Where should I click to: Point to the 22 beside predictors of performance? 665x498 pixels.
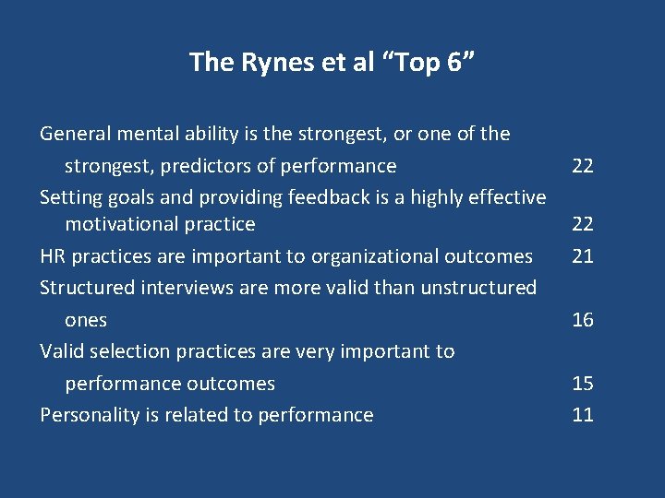(582, 166)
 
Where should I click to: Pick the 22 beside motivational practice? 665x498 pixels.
(582, 224)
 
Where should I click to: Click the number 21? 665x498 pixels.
(582, 255)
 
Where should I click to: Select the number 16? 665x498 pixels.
(582, 320)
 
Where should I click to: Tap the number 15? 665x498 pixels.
(582, 383)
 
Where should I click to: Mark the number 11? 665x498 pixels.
(582, 415)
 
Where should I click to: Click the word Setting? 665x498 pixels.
(69, 197)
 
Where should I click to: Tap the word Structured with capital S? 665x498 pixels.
(88, 287)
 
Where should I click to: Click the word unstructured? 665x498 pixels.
(478, 287)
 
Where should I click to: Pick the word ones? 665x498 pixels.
(86, 321)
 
